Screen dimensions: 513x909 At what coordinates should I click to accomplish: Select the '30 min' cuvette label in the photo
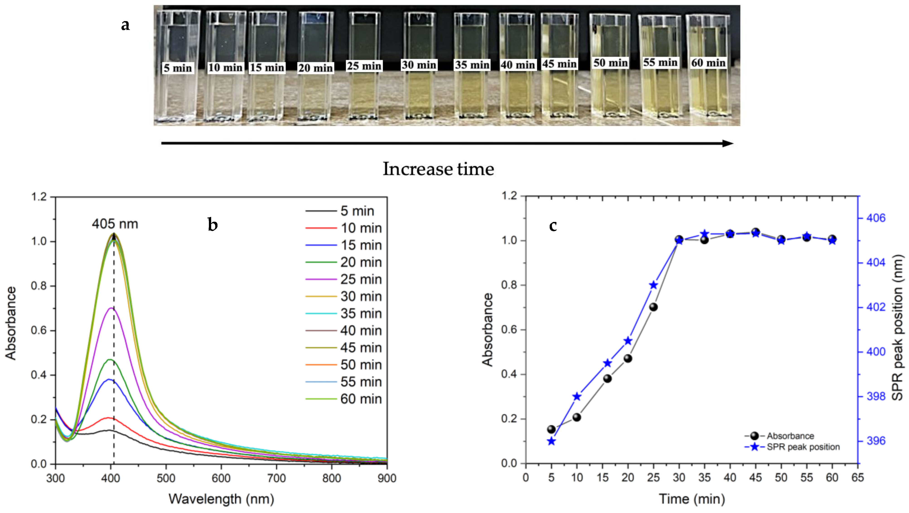[x=419, y=65]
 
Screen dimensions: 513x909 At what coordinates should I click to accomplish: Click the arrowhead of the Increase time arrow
[x=728, y=143]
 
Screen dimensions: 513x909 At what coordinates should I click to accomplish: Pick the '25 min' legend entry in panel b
[x=361, y=279]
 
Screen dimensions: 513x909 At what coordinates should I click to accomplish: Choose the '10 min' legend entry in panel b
[x=361, y=228]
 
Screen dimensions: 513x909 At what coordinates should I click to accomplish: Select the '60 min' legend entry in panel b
[x=361, y=399]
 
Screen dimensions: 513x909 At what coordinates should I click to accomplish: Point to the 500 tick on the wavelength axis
[x=166, y=478]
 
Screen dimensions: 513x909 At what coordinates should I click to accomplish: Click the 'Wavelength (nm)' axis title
[x=221, y=499]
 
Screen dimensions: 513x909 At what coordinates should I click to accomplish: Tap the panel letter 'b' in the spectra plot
[x=213, y=225]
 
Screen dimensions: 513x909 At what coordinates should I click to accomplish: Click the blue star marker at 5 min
[x=551, y=441]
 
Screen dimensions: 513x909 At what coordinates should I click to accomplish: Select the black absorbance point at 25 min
[x=653, y=307]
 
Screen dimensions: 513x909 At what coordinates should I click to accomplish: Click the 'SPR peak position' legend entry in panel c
[x=803, y=447]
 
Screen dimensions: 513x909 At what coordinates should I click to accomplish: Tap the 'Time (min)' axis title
[x=692, y=499]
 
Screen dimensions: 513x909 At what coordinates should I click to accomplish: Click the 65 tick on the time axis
[x=858, y=478]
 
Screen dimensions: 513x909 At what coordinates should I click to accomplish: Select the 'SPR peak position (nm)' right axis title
[x=898, y=327]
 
